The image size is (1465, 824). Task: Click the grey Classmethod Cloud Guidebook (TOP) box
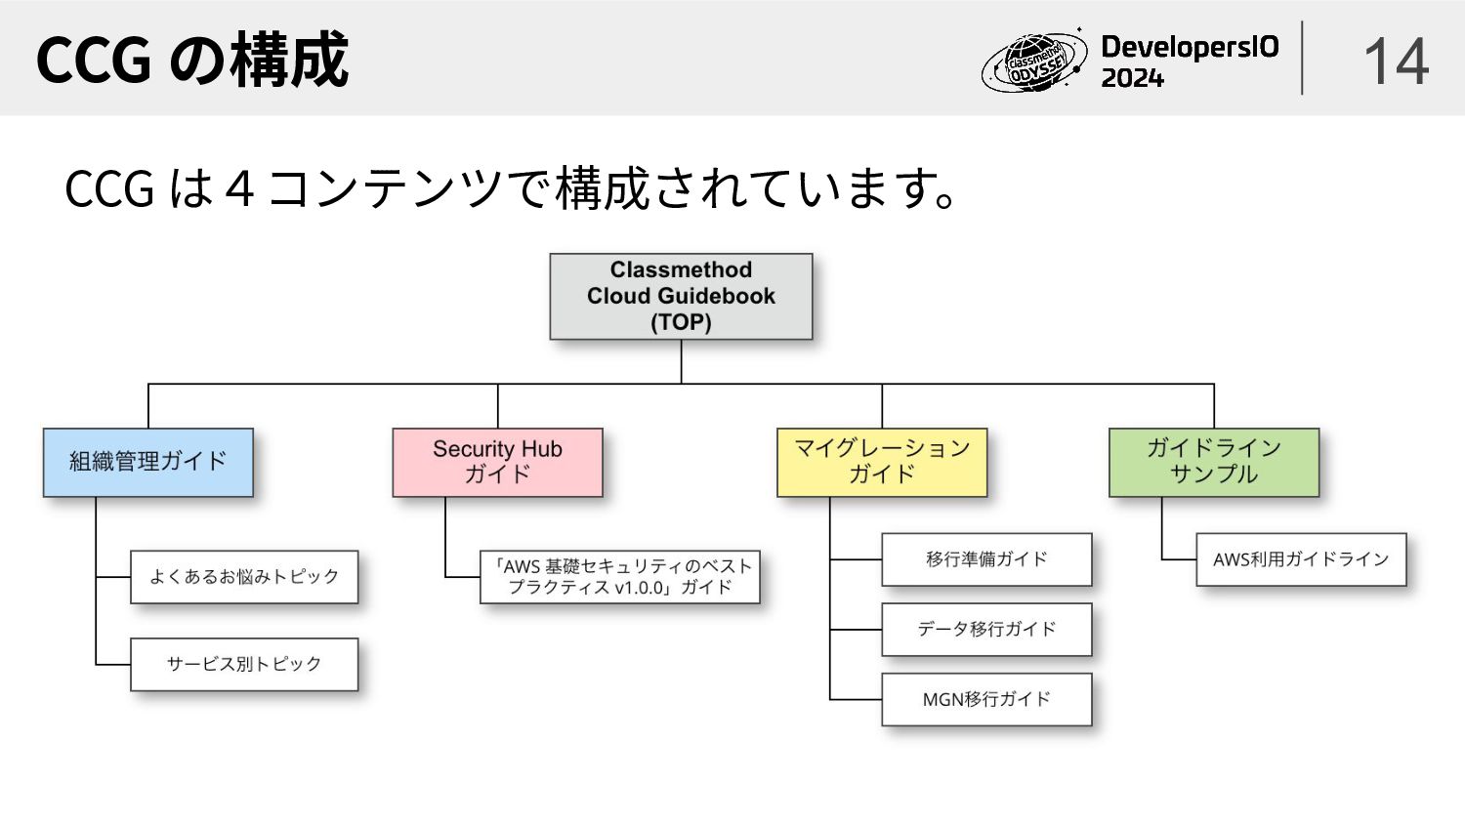(681, 296)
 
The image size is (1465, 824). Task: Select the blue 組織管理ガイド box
(147, 462)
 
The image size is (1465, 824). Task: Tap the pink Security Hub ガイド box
(497, 462)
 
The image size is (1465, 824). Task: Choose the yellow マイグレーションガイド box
(881, 462)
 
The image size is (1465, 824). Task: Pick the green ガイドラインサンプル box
(1213, 462)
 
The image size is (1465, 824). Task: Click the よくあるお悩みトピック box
(244, 576)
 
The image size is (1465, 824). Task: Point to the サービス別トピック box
(244, 664)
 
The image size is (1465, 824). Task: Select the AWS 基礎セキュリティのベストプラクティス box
(619, 576)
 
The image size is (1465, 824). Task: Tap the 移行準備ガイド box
(986, 558)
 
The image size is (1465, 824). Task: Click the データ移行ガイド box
(986, 629)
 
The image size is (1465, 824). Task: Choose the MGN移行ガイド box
(986, 699)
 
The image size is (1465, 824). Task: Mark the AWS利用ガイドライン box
(1301, 558)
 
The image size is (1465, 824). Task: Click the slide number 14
(1396, 61)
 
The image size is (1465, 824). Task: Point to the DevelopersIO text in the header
(1190, 47)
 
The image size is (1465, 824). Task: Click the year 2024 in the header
(1133, 78)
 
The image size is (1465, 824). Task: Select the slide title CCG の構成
(192, 60)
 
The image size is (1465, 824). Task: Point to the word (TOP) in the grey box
(681, 322)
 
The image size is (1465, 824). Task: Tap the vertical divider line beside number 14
(1302, 59)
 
